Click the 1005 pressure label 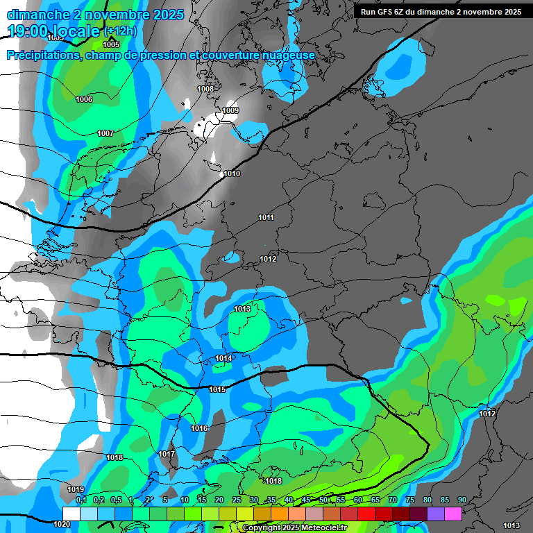[x=111, y=44]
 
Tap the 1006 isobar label [x=84, y=99]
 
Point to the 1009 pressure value [x=230, y=110]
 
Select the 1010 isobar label [x=232, y=174]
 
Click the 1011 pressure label [x=266, y=217]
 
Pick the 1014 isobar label [x=223, y=358]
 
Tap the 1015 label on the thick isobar [x=217, y=389]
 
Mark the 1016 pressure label [x=199, y=428]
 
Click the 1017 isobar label [x=167, y=454]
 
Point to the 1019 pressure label [x=76, y=489]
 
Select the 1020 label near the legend [x=62, y=525]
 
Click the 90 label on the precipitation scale [x=462, y=500]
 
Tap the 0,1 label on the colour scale [x=81, y=500]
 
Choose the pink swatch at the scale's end [x=453, y=514]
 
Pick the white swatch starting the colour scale [x=71, y=514]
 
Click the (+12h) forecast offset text [x=119, y=31]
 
